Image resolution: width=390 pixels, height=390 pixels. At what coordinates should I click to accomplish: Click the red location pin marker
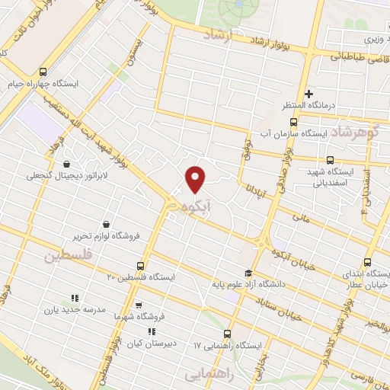click(x=197, y=180)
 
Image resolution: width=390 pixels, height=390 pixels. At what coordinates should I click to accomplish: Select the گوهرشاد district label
click(x=350, y=132)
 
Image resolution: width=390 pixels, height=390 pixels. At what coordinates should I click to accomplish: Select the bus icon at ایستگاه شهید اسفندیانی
click(x=330, y=161)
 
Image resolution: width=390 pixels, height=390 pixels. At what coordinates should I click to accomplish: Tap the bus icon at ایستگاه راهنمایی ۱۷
click(x=227, y=333)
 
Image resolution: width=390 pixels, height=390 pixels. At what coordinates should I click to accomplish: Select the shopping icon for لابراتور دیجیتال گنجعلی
click(x=67, y=163)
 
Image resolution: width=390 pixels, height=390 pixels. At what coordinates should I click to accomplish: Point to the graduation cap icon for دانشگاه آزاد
click(x=247, y=272)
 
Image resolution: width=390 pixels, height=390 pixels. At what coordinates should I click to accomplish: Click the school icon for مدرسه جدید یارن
click(x=74, y=298)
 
